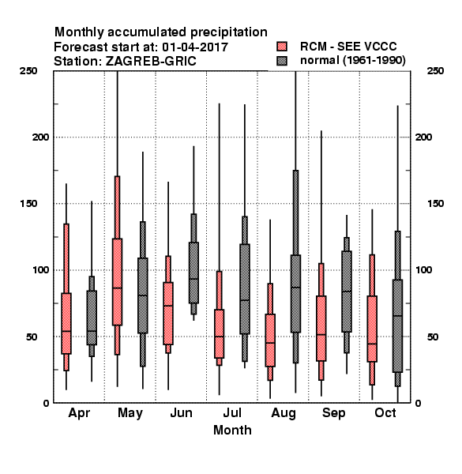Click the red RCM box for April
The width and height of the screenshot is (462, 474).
click(66, 323)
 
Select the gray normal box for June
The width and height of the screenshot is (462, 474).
click(193, 273)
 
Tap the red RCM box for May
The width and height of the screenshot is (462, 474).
click(117, 282)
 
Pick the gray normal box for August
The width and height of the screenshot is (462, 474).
click(295, 294)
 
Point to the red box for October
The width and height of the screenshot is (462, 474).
click(372, 329)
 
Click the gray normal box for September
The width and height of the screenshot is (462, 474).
click(347, 292)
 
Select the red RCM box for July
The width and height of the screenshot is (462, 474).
click(219, 333)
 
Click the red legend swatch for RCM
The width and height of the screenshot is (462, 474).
click(282, 47)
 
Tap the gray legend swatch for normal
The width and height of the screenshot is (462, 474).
click(282, 61)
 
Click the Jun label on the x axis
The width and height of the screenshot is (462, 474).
click(182, 413)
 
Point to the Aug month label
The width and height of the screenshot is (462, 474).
click(284, 413)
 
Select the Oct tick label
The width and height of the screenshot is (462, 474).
click(385, 413)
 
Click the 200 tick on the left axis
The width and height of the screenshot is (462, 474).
click(40, 137)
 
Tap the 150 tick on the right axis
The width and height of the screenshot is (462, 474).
click(435, 204)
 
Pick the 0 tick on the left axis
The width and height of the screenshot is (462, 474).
click(46, 403)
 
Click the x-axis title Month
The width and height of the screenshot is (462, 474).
click(232, 431)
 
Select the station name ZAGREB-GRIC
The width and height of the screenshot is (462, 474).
click(151, 62)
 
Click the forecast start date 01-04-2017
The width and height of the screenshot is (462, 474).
click(195, 47)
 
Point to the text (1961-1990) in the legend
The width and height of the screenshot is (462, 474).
click(374, 61)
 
